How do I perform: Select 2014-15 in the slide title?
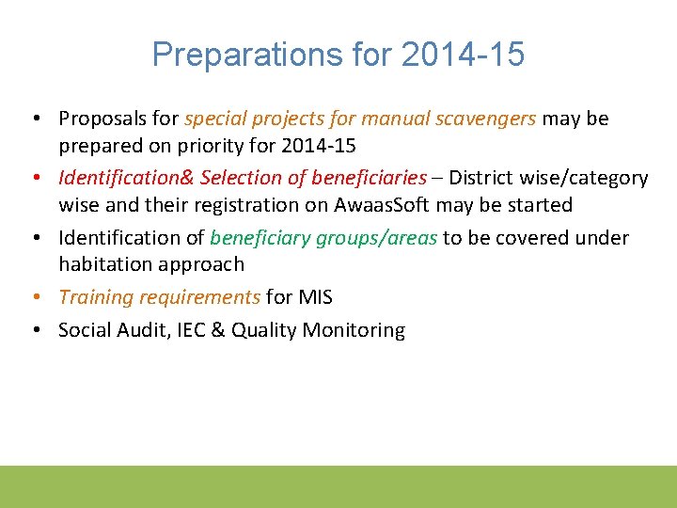pyautogui.click(x=463, y=55)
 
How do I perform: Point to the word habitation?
pyautogui.click(x=104, y=264)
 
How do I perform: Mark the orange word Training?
pyautogui.click(x=96, y=297)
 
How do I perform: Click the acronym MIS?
pyautogui.click(x=315, y=297)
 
